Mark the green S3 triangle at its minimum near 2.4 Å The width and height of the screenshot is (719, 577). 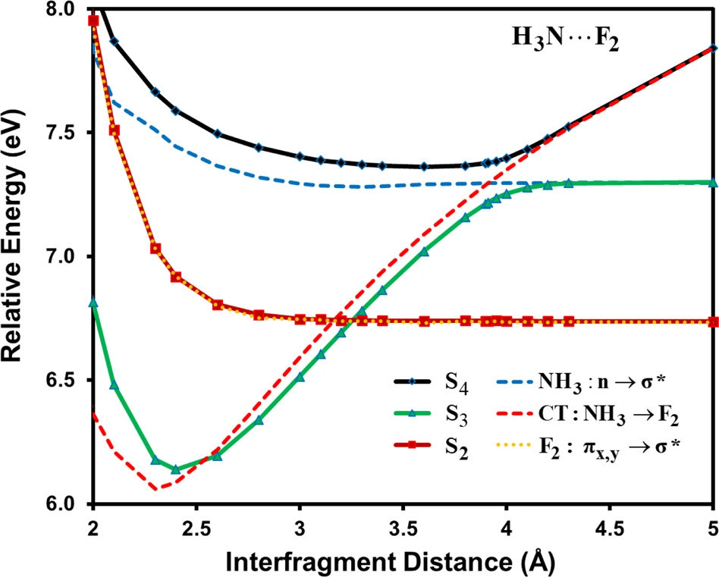176,469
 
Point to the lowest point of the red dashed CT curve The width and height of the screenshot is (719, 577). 156,489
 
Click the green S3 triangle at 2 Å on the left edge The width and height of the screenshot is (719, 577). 93,303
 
